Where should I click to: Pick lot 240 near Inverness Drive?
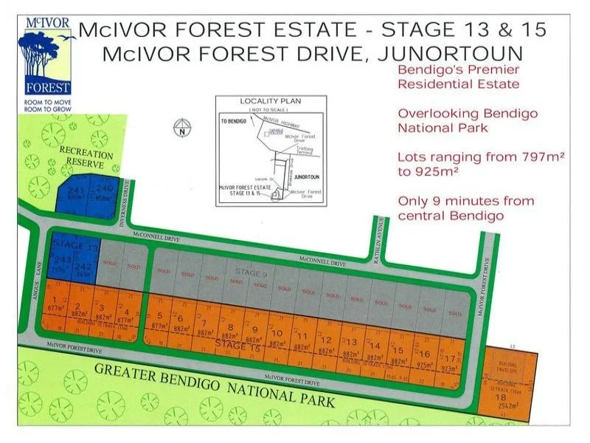tap(103, 192)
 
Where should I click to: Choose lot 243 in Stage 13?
tap(62, 264)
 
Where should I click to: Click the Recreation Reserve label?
tap(86, 158)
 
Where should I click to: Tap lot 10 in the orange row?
tap(278, 335)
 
